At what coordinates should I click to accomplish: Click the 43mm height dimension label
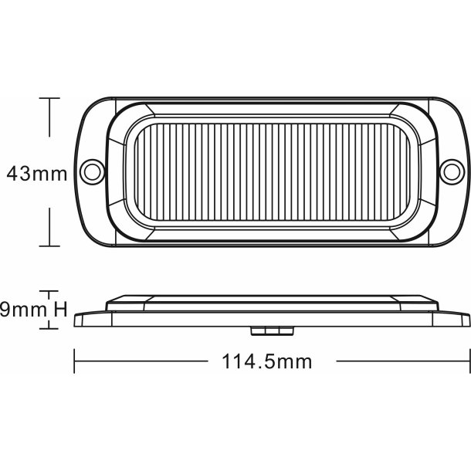pos(36,172)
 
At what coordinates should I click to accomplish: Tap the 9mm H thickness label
pos(36,310)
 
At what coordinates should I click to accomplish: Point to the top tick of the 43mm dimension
pos(50,98)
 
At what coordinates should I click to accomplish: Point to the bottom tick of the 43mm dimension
pos(50,246)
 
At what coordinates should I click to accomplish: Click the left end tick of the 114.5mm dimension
pos(75,360)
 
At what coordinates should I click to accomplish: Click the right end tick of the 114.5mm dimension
pos(469,360)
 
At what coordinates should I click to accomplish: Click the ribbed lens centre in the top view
pos(273,171)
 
